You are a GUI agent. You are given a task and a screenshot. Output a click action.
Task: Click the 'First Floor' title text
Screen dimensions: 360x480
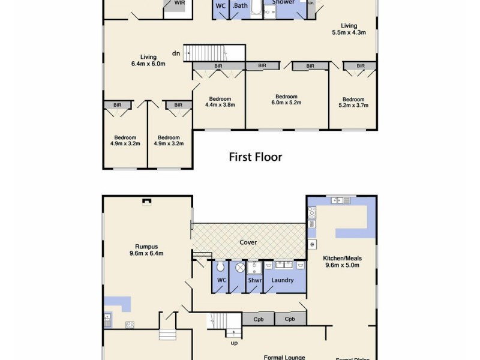[x=256, y=157]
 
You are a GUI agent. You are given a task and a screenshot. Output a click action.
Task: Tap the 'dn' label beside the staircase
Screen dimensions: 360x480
[x=176, y=53]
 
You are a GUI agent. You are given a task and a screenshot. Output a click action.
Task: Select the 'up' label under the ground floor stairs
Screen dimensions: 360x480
[x=234, y=343]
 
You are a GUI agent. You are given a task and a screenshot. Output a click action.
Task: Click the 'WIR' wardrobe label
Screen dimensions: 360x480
[x=179, y=3]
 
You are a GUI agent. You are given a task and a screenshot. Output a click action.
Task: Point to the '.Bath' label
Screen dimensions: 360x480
[x=240, y=5]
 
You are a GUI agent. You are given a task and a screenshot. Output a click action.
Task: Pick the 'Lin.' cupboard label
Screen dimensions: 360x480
[x=311, y=3]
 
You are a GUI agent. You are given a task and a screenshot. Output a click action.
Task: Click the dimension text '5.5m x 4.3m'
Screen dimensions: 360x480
[x=349, y=33]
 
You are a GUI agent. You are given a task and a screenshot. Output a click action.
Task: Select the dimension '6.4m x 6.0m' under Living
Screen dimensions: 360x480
[x=148, y=64]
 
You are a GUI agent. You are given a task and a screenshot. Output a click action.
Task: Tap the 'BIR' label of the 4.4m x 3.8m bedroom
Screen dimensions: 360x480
[x=218, y=66]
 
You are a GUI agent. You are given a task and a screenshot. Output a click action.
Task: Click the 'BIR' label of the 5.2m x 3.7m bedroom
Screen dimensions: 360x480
[x=361, y=66]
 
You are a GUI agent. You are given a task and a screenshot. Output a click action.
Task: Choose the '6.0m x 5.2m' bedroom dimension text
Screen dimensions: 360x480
[x=286, y=103]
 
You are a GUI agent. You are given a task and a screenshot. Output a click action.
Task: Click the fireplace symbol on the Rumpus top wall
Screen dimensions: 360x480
[x=147, y=202]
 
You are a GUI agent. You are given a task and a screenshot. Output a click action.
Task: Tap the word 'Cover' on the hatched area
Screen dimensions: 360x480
[x=248, y=242]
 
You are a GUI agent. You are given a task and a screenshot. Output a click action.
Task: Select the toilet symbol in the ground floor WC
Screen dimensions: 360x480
[x=220, y=267]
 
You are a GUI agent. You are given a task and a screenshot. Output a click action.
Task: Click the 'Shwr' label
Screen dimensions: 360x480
[x=255, y=280]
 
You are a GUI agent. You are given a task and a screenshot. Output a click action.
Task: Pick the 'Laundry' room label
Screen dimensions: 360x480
[x=283, y=280]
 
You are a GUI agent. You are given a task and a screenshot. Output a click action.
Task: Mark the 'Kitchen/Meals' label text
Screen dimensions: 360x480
[x=343, y=259]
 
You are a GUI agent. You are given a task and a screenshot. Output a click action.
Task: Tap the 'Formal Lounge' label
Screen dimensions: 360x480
[x=284, y=358]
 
